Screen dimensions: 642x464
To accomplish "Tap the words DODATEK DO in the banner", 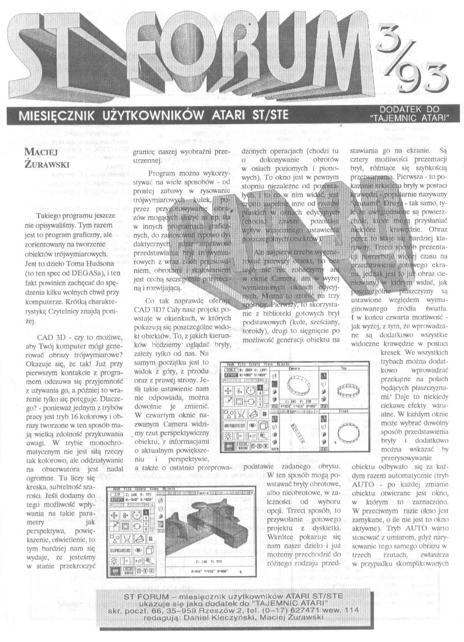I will pos(412,108).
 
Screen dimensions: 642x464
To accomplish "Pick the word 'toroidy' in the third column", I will pos(258,316).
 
